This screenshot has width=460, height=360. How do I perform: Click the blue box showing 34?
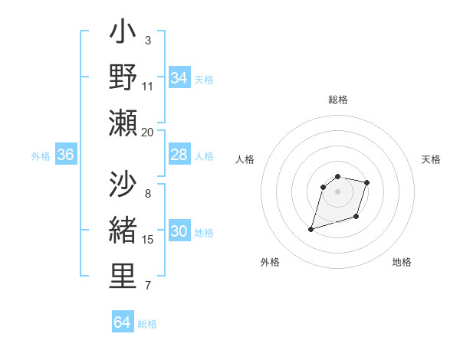pos(179,78)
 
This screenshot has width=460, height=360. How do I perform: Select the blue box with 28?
pos(179,155)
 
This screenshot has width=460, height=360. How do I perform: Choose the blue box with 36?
pos(66,155)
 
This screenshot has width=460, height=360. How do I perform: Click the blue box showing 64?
pos(123,322)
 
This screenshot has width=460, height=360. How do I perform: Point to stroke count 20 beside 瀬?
pos(148,132)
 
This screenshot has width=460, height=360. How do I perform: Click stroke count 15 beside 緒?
pos(148,240)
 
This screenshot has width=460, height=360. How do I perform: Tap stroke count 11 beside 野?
pos(148,86)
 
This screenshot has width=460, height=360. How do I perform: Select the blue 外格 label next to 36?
pos(41,155)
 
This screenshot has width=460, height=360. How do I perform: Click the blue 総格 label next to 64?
pos(147,324)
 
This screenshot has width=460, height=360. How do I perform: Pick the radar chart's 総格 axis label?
pos(338,100)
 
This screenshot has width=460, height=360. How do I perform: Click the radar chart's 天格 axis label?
pos(431,159)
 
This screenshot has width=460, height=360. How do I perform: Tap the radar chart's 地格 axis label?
pos(402,262)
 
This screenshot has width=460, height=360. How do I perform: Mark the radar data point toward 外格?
pos(311,228)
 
